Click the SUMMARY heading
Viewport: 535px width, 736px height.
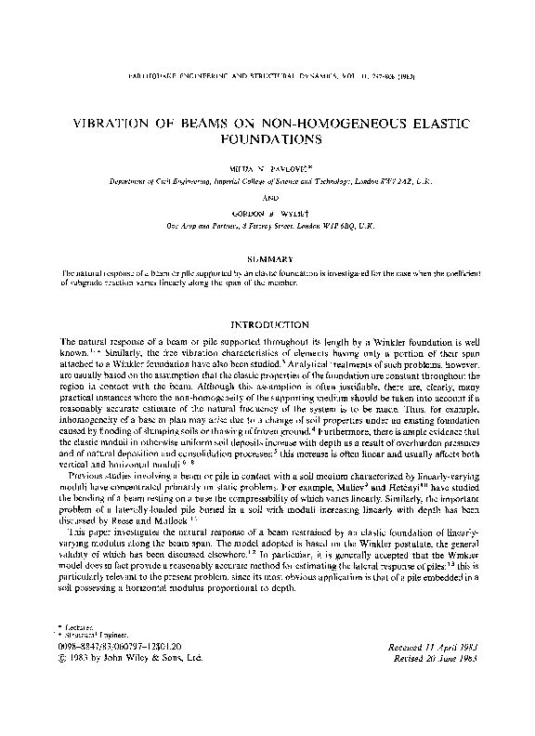[267, 257]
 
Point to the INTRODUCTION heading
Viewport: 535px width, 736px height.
[267, 325]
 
